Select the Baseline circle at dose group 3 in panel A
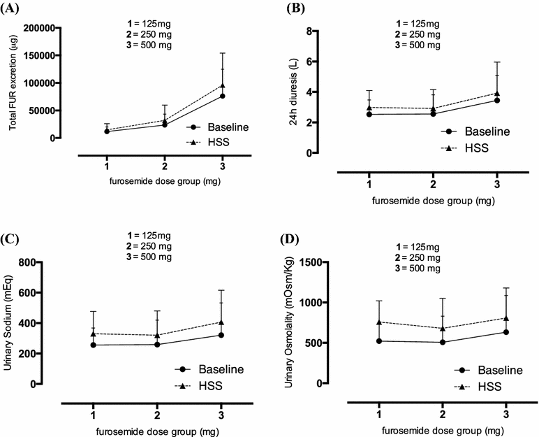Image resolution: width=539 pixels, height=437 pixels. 222,96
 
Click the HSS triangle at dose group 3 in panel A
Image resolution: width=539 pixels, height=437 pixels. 222,85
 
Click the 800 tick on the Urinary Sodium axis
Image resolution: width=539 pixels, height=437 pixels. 47,262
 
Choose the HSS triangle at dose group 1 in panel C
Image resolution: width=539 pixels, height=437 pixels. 94,334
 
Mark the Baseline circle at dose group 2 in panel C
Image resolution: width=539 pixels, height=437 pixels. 158,344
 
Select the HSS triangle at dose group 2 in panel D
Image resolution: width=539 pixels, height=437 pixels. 442,328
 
